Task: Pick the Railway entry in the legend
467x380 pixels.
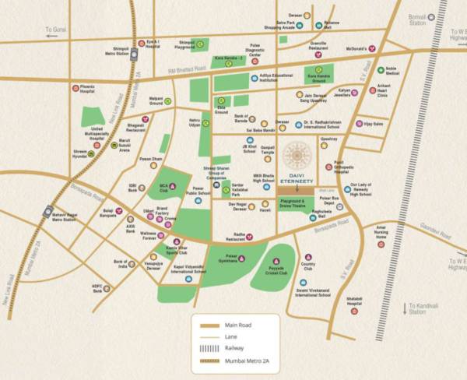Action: pyautogui.click(x=233, y=349)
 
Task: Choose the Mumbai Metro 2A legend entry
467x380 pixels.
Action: pyautogui.click(x=249, y=361)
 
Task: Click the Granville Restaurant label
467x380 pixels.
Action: pyautogui.click(x=320, y=46)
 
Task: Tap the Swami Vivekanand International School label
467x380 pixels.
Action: pyautogui.click(x=313, y=292)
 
